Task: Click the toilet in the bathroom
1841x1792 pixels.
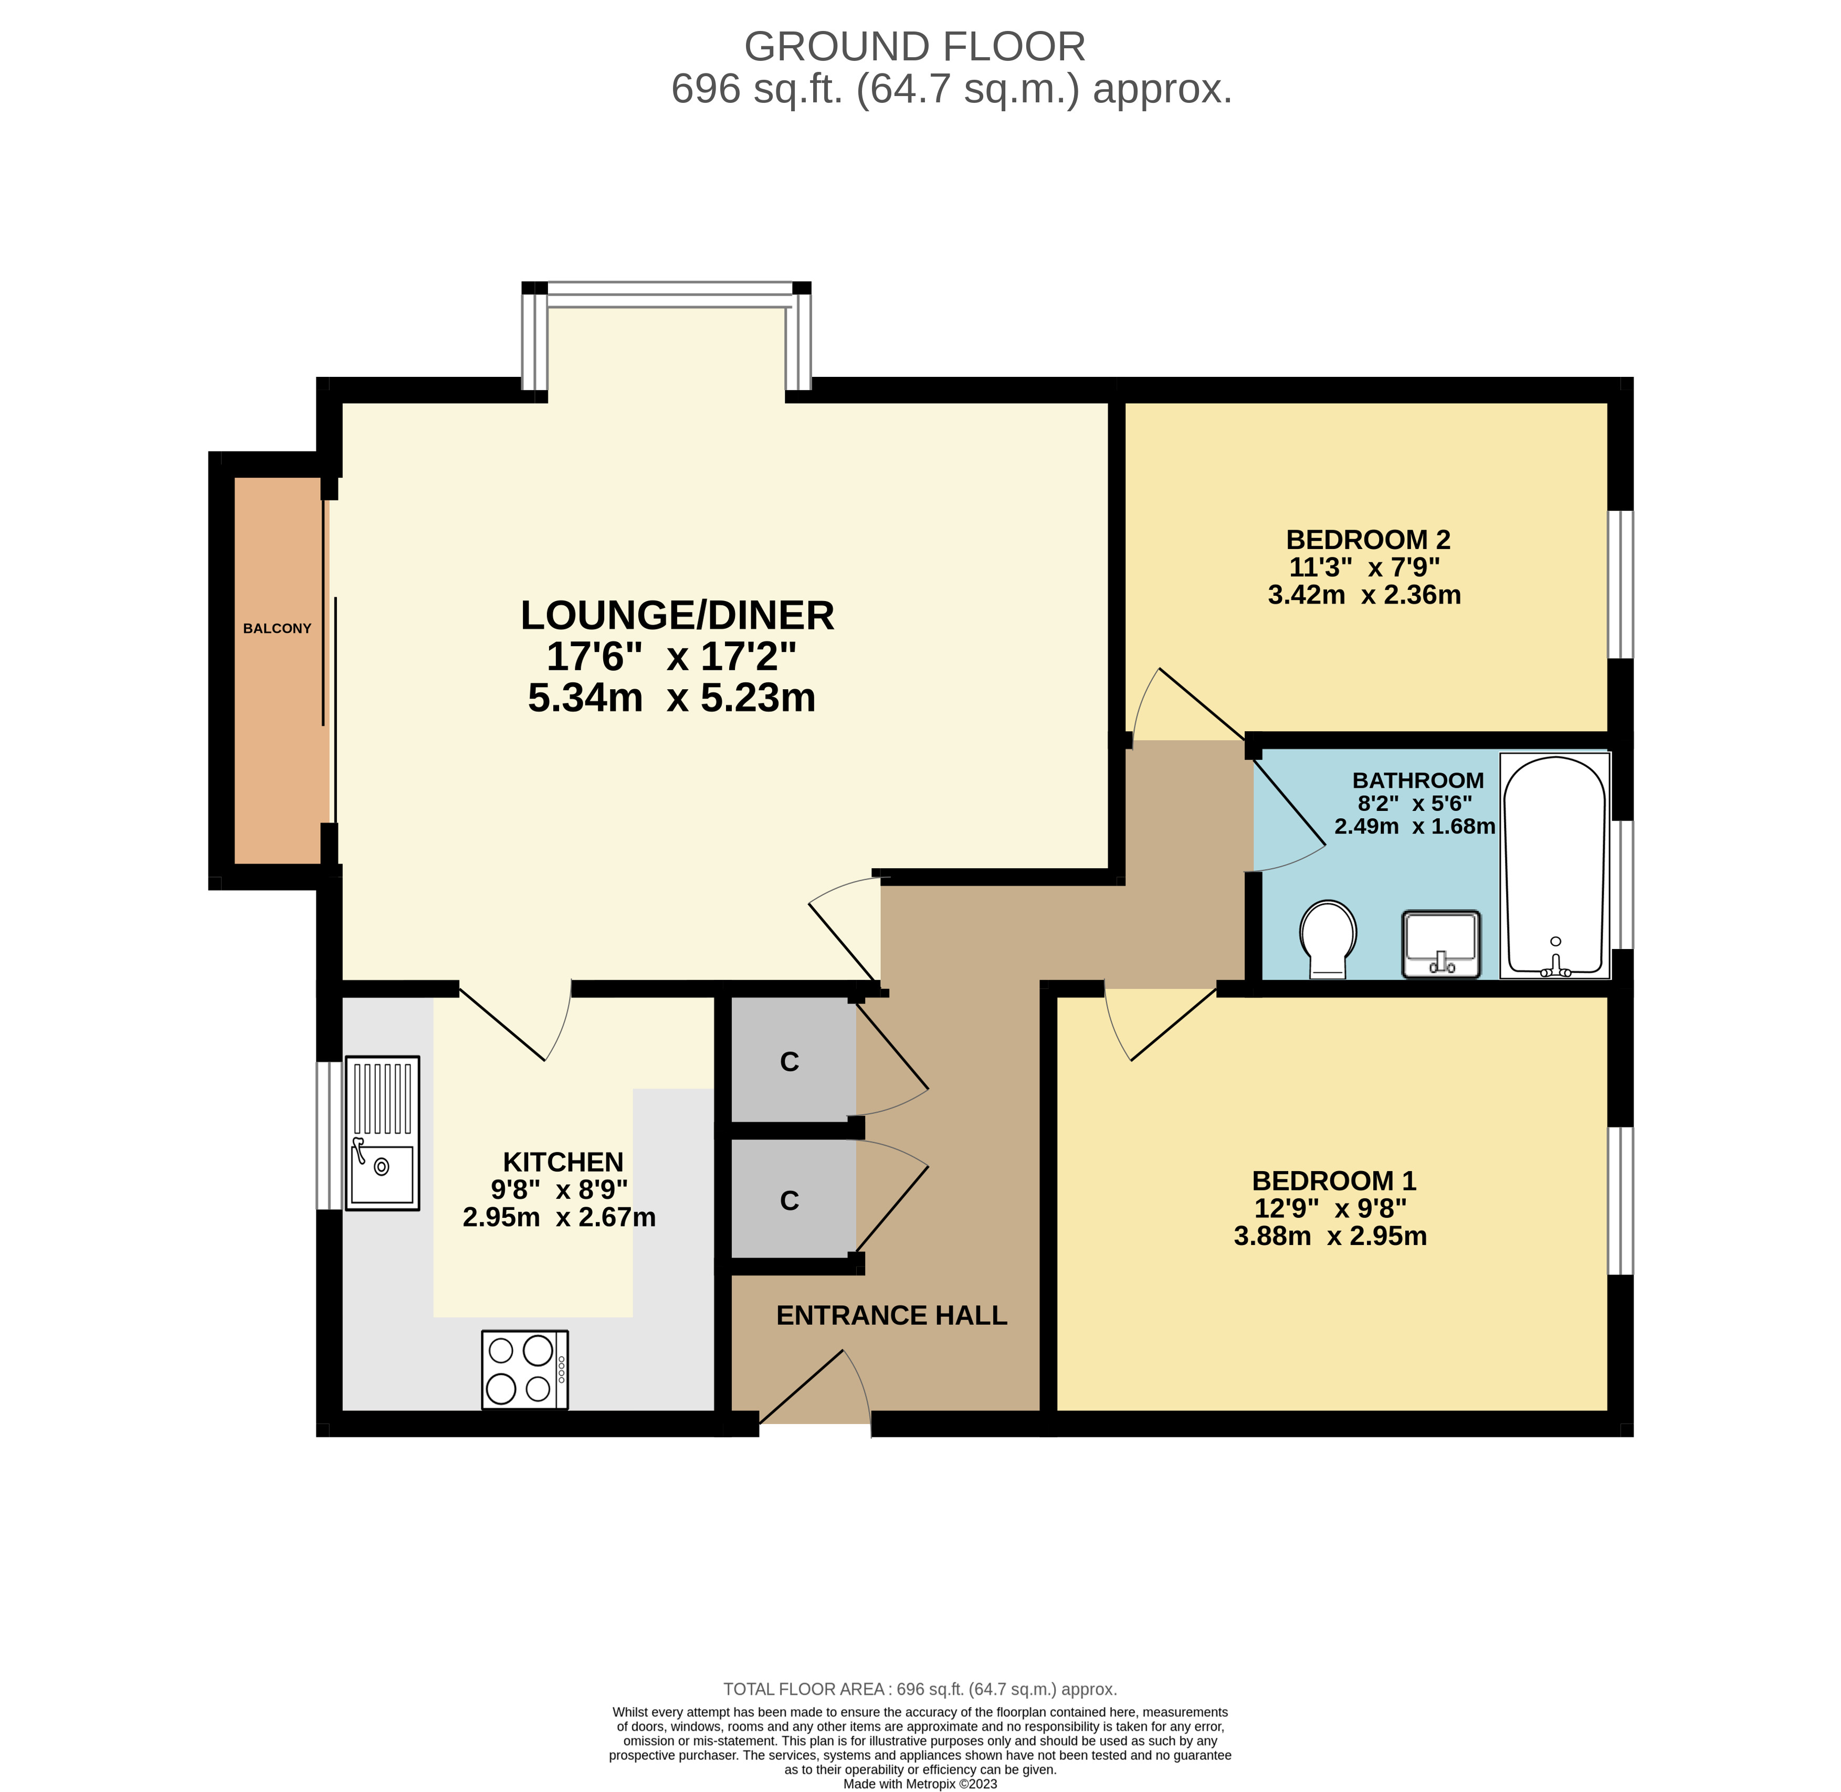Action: click(x=1328, y=939)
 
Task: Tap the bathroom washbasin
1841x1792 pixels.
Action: click(x=1441, y=944)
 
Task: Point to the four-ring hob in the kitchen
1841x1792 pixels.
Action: click(x=524, y=1369)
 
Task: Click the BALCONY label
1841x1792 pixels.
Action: click(x=277, y=629)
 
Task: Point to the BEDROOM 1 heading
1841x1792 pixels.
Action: click(x=1334, y=1180)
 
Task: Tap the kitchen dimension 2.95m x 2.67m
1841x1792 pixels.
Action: click(x=559, y=1217)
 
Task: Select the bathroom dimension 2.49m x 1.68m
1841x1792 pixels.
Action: click(x=1415, y=826)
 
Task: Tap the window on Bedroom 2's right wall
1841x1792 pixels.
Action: click(x=1620, y=584)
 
